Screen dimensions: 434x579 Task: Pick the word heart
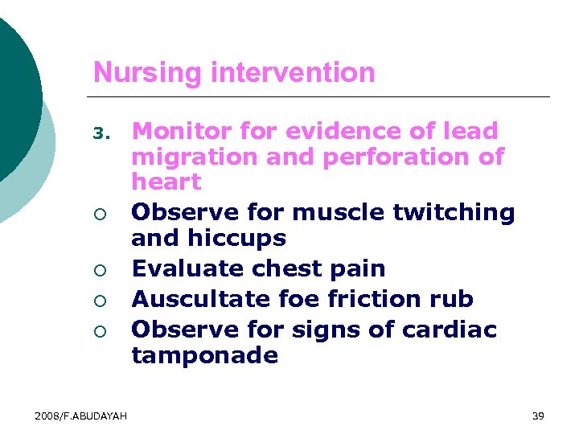(166, 182)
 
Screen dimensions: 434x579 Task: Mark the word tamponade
(204, 355)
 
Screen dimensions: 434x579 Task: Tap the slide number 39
(538, 416)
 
